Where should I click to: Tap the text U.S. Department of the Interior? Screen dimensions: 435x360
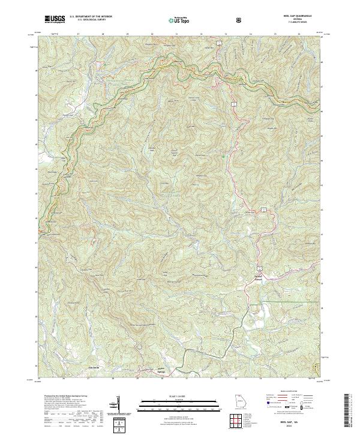tap(89, 17)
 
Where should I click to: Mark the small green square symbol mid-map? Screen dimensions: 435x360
tap(224, 157)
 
